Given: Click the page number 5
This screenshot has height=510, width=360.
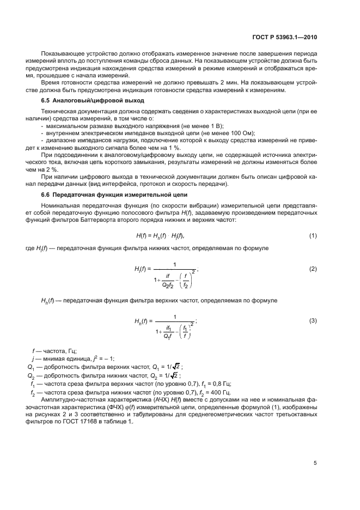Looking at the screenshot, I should coord(315,463).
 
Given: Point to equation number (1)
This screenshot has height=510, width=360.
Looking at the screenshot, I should coord(313,235).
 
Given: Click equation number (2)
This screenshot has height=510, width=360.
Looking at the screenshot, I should coord(313,269).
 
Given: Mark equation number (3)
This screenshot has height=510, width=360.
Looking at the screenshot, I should coord(313,320).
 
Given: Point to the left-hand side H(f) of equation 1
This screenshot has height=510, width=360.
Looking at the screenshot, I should coord(141,235).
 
